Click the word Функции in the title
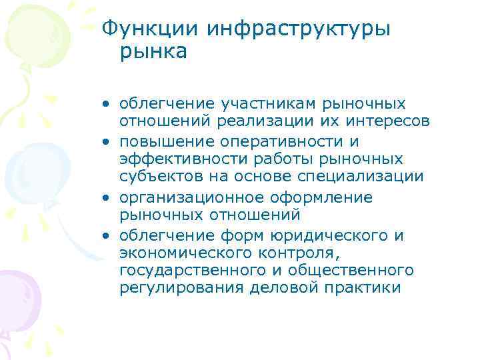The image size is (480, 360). click(150, 28)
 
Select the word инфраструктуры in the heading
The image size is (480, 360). click(299, 28)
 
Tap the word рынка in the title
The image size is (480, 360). click(155, 51)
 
